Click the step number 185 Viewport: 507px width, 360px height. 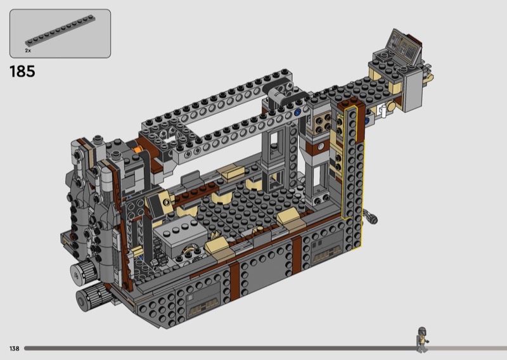click(x=22, y=72)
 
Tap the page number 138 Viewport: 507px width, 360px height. click(x=14, y=349)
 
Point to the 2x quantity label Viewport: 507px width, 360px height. click(x=28, y=51)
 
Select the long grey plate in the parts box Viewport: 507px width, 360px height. click(x=60, y=31)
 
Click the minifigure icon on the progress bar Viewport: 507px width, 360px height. click(x=422, y=339)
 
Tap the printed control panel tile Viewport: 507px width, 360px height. click(x=404, y=46)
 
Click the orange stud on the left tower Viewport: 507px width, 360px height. click(x=138, y=149)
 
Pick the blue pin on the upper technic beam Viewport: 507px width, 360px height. click(x=297, y=113)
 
